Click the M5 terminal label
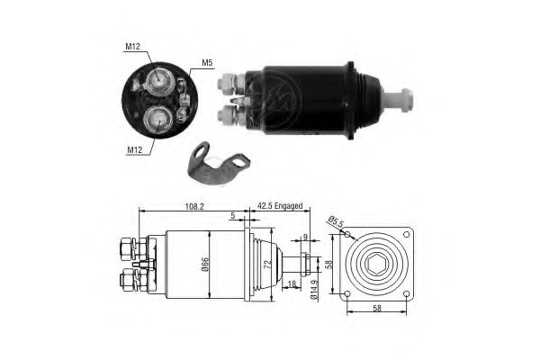207,63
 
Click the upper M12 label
132,47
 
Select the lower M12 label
135,150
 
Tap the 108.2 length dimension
194,206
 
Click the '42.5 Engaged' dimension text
280,206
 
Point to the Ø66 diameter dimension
205,264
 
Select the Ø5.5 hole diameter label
336,222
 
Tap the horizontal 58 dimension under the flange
377,308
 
